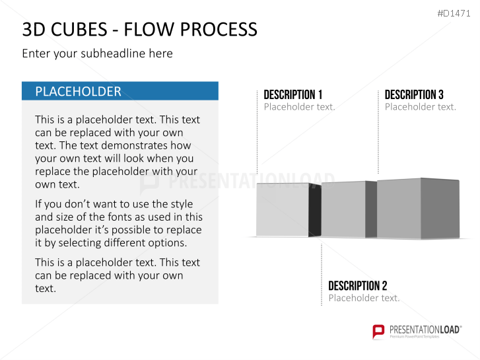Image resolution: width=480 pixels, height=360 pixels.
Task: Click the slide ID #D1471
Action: (454, 13)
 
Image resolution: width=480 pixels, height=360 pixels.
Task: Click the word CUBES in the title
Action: (79, 30)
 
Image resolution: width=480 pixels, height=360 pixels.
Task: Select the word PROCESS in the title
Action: (219, 30)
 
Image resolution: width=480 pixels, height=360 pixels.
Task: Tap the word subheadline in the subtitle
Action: (114, 54)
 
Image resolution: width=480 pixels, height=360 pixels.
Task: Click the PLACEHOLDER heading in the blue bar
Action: (78, 92)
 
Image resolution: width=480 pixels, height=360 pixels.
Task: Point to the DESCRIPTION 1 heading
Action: (293, 94)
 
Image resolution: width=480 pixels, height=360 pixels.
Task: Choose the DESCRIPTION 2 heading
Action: (358, 285)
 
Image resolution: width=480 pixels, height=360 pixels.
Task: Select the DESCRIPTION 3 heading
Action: (414, 94)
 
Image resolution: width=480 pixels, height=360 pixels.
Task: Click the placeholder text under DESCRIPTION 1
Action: (299, 106)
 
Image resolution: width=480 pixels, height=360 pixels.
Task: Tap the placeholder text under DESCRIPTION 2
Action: (364, 298)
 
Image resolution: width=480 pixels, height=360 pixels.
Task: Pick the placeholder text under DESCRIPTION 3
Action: (421, 106)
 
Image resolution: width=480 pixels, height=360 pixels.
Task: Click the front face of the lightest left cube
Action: (282, 209)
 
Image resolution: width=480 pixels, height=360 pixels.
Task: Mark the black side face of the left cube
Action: (315, 210)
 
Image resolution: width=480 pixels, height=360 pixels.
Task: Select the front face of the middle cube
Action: (343, 209)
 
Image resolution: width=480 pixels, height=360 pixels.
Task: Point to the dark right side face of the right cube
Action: (440, 208)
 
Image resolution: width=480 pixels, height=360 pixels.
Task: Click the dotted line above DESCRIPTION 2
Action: (322, 275)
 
